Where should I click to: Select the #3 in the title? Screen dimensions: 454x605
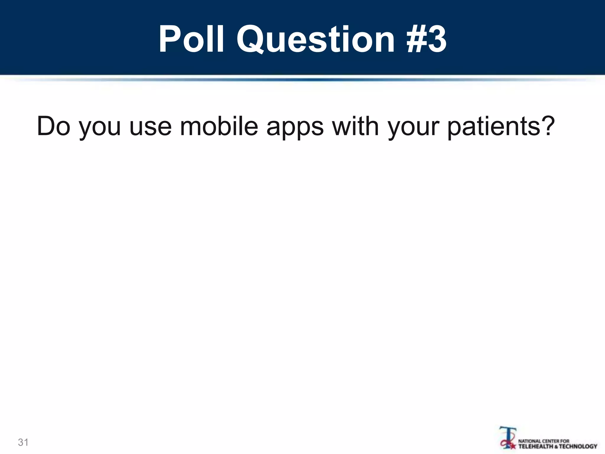click(x=426, y=39)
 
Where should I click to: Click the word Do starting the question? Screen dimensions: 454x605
click(x=54, y=126)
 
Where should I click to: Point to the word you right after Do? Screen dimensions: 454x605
click(x=100, y=129)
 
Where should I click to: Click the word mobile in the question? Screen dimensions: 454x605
click(x=219, y=126)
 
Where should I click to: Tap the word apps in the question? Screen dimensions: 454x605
click(x=295, y=129)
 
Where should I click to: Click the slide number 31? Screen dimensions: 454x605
click(x=23, y=442)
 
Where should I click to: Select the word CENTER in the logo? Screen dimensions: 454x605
click(x=551, y=441)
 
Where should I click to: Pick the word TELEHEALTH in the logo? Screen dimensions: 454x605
click(x=534, y=446)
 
